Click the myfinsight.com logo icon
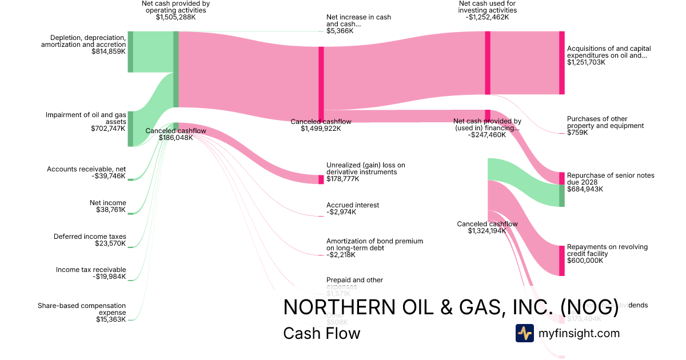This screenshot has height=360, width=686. pyautogui.click(x=525, y=333)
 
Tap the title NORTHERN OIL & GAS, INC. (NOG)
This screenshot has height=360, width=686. pyautogui.click(x=451, y=307)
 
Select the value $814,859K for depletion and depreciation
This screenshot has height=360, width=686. pyautogui.click(x=109, y=51)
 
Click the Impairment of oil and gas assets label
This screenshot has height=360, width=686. pyautogui.click(x=86, y=118)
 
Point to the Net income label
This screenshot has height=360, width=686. pyautogui.click(x=108, y=203)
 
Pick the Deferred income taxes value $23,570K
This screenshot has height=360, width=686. pyautogui.click(x=110, y=243)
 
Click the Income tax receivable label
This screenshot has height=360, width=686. pyautogui.click(x=91, y=270)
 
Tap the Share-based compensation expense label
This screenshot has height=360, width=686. pyautogui.click(x=82, y=309)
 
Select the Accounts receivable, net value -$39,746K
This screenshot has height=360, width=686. pyautogui.click(x=109, y=176)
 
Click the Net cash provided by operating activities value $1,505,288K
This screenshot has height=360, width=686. pyautogui.click(x=176, y=17)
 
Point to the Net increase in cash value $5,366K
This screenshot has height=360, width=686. pyautogui.click(x=340, y=31)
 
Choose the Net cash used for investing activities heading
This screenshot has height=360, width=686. pyautogui.click(x=488, y=7)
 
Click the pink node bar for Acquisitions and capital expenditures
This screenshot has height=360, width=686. pyautogui.click(x=561, y=63)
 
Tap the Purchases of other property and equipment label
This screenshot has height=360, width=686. pyautogui.click(x=605, y=122)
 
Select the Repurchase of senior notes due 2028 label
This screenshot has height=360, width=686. pyautogui.click(x=611, y=179)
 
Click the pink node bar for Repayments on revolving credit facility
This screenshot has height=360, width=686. pyautogui.click(x=561, y=261)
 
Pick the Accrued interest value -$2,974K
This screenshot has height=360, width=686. pyautogui.click(x=341, y=212)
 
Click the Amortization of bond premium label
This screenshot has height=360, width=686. pyautogui.click(x=374, y=245)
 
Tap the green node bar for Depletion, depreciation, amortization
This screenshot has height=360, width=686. pyautogui.click(x=130, y=52)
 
